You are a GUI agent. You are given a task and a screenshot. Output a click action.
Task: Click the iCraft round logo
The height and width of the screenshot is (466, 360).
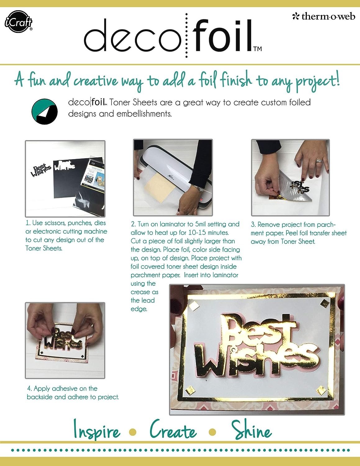(18, 22)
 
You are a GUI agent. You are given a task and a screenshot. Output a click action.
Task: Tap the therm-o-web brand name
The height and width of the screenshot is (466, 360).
(324, 16)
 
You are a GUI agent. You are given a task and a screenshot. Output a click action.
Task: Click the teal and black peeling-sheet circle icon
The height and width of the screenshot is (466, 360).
(45, 112)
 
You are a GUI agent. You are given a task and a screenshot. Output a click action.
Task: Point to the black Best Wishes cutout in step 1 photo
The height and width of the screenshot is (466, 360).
(42, 170)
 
